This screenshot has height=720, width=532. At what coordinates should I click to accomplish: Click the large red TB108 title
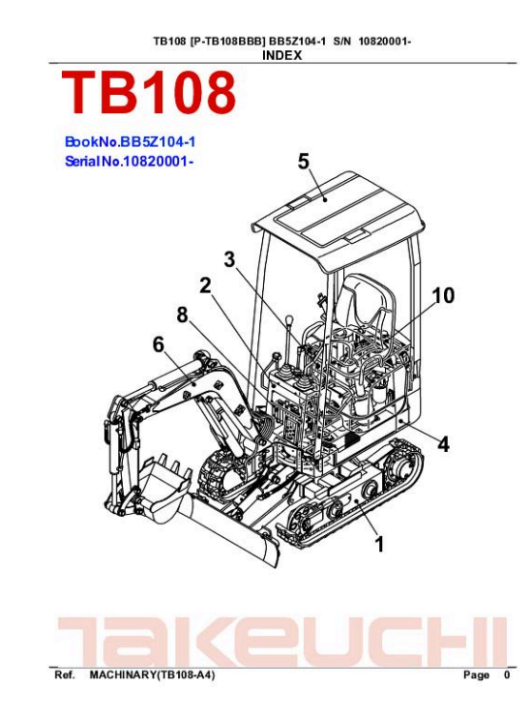[x=148, y=93]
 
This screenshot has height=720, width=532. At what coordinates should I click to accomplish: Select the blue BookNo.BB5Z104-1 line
[x=131, y=141]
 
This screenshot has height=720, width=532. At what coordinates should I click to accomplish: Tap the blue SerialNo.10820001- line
[x=129, y=162]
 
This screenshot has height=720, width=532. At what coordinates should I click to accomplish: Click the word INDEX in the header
[x=281, y=55]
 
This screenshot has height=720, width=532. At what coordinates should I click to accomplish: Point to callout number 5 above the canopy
[x=304, y=162]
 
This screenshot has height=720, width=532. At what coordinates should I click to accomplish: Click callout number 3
[x=229, y=259]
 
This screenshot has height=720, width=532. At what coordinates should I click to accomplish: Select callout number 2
[x=205, y=285]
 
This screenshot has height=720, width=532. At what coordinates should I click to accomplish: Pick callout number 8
[x=182, y=315]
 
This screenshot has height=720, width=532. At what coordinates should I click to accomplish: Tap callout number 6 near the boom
[x=159, y=344]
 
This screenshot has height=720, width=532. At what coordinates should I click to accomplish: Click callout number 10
[x=443, y=295]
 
